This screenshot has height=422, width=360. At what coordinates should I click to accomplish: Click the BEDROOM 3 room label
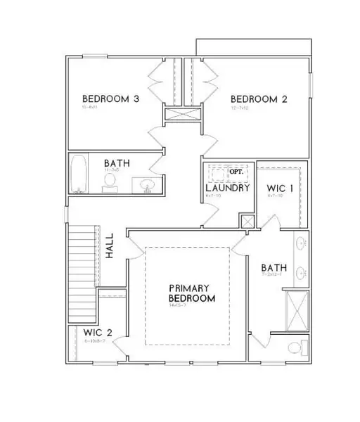tap(110, 98)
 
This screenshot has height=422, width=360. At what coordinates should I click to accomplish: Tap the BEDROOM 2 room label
tap(259, 98)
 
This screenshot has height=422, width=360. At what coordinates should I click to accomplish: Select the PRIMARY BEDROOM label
tap(191, 293)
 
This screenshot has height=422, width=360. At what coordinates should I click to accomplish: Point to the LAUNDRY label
tap(228, 188)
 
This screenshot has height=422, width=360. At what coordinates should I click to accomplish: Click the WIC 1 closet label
tap(279, 188)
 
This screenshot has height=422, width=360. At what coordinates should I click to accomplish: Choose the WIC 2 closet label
tap(97, 332)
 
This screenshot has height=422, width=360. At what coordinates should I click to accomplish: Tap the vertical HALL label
tap(110, 248)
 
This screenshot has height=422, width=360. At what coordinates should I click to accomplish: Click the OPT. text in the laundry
tap(239, 171)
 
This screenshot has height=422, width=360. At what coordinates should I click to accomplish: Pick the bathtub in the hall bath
tap(78, 175)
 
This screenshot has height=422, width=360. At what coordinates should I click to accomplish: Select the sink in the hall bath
tap(148, 185)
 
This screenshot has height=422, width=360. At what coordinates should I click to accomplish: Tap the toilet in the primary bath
tap(297, 347)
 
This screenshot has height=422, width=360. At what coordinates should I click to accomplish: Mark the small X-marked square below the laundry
tap(246, 222)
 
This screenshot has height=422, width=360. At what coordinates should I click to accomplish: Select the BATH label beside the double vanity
tap(273, 268)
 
